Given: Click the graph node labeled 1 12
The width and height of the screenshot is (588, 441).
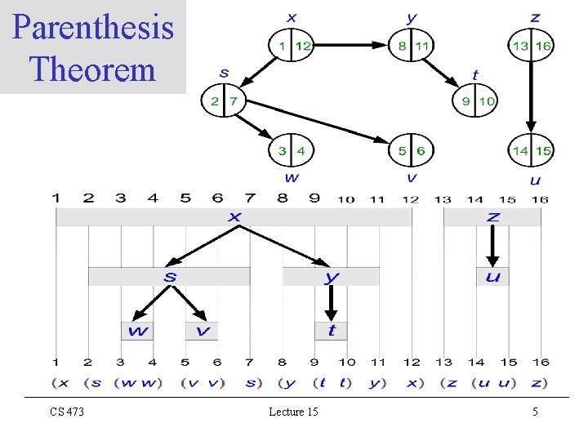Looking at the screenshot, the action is point(292,46).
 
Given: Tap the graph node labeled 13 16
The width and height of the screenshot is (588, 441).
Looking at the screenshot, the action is point(531,46).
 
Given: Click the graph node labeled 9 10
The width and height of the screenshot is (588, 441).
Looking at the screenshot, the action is point(475,101).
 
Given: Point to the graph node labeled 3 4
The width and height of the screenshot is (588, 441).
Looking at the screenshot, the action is point(292,150).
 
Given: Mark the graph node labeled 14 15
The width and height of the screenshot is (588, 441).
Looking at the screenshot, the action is point(531,150).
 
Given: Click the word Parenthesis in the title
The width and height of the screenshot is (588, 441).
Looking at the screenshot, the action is point(93,28).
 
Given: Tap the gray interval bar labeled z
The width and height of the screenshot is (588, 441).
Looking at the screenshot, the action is point(492,217).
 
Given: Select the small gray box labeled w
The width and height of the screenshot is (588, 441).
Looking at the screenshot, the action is point(136,331).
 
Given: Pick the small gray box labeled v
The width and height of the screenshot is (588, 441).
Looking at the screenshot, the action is point(202,331).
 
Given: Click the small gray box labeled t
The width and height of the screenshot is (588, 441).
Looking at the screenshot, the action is point(331,331).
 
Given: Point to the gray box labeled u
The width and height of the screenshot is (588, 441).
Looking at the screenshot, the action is point(492,277).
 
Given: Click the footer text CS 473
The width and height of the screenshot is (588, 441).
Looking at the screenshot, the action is point(65,412).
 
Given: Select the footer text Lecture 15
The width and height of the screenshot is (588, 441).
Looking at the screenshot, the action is point(293,412).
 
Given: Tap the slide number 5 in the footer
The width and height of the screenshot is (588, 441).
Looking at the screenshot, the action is point(535,412).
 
